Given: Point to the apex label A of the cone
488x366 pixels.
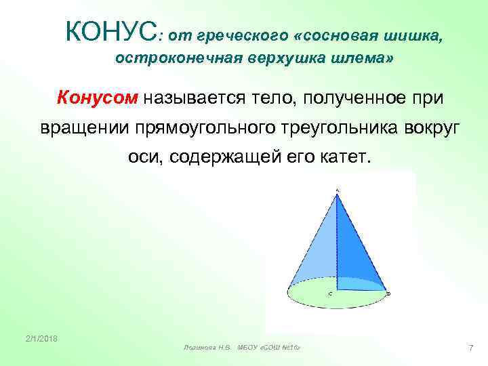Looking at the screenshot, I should [x=338, y=190].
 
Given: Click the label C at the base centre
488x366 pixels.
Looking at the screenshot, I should [x=331, y=293].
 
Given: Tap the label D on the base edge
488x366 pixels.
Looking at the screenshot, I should [x=388, y=293].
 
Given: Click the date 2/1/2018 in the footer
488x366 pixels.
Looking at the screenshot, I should [x=42, y=338].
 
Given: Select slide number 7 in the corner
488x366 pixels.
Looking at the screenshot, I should [x=470, y=348].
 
